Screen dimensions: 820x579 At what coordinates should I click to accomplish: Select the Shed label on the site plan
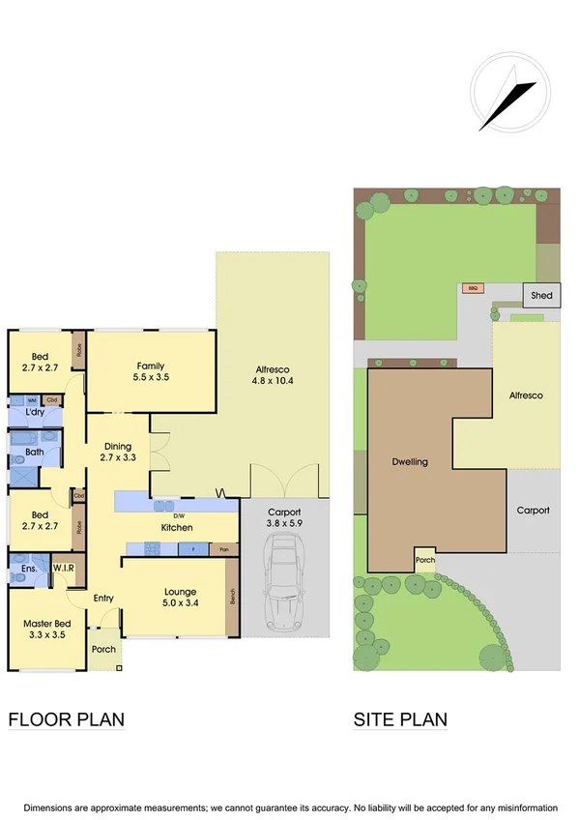click(542, 295)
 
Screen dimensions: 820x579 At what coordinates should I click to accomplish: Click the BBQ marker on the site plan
click(473, 288)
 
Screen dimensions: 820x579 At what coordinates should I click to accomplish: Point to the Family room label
click(150, 371)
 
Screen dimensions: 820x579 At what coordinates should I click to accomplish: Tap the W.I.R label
click(64, 568)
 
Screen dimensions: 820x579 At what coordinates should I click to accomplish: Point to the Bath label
click(35, 452)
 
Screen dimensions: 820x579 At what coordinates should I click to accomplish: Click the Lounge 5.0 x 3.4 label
click(181, 598)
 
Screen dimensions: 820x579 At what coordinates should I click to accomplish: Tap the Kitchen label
click(177, 527)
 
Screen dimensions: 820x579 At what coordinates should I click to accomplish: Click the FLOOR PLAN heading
click(67, 719)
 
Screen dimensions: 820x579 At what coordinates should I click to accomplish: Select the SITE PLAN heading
click(400, 719)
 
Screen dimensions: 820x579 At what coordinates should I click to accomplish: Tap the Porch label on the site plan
click(424, 560)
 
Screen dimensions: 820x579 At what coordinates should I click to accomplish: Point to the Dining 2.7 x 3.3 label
click(118, 452)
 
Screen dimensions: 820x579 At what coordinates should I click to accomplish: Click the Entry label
click(103, 599)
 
